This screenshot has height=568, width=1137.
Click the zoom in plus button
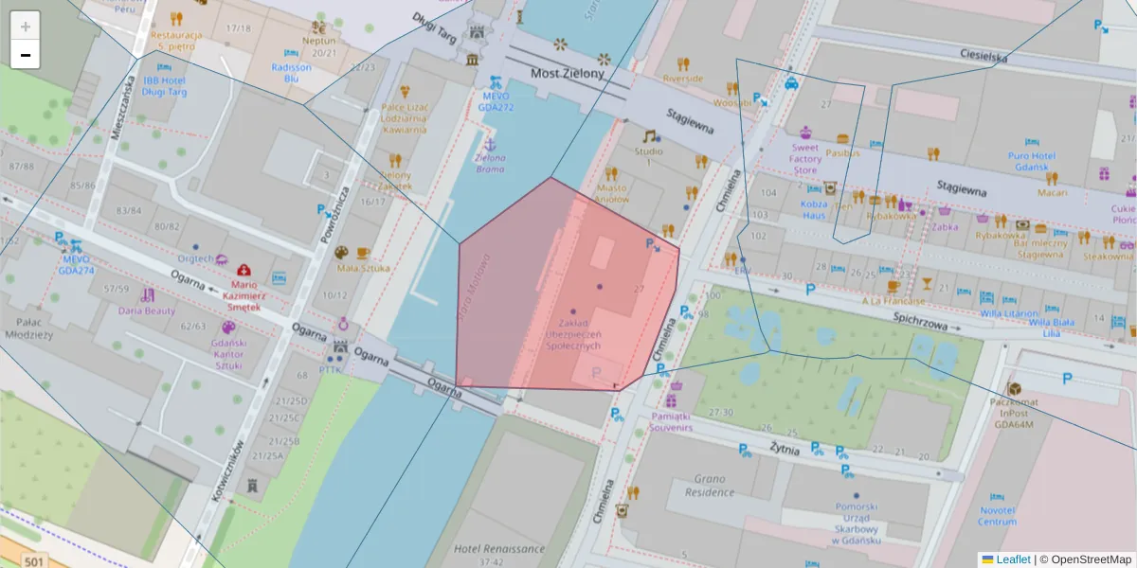[26, 26]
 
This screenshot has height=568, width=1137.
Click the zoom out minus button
[26, 55]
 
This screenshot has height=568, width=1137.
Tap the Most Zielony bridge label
[567, 73]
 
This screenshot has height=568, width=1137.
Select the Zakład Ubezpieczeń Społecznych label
[573, 334]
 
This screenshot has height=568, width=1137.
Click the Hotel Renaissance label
[499, 549]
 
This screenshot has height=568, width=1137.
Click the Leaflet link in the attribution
[1013, 559]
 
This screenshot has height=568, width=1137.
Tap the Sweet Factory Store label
[805, 159]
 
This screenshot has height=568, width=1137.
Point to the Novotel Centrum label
[997, 516]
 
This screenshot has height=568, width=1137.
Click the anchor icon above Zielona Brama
[491, 144]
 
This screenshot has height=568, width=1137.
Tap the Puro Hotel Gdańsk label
[1032, 161]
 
